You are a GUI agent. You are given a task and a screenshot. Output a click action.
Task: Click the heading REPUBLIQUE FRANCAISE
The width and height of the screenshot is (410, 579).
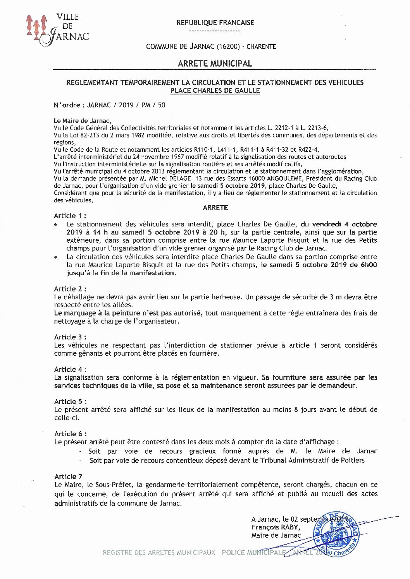[x=215, y=23]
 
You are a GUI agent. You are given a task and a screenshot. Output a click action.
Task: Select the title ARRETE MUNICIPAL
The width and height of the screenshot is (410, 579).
[x=215, y=63]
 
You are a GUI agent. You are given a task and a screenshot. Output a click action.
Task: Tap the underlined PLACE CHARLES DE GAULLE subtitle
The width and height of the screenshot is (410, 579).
[x=215, y=91]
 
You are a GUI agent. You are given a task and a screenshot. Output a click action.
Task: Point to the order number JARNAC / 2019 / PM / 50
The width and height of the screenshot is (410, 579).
[x=126, y=105]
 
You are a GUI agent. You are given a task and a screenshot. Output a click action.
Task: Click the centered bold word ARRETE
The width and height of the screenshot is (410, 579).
[x=215, y=208]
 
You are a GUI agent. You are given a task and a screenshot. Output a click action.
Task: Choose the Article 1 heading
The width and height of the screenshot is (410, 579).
[x=70, y=216]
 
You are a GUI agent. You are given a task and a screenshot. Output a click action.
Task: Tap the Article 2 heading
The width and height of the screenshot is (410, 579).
[x=70, y=289]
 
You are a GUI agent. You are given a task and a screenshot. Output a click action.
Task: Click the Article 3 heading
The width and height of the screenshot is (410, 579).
[x=70, y=337]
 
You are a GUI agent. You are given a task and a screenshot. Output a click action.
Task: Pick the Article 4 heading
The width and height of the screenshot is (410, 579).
[x=70, y=369]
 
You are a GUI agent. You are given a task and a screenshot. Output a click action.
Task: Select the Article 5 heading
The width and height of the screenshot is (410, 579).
[x=70, y=401]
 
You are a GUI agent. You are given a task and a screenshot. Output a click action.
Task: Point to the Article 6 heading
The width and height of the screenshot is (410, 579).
[x=70, y=433]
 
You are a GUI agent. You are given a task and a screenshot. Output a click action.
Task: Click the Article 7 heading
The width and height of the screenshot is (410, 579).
[x=69, y=476]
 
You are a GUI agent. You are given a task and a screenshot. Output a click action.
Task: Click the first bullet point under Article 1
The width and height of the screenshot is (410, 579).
[x=57, y=224]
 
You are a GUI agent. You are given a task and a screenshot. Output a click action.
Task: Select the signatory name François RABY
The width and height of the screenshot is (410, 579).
[x=276, y=527]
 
